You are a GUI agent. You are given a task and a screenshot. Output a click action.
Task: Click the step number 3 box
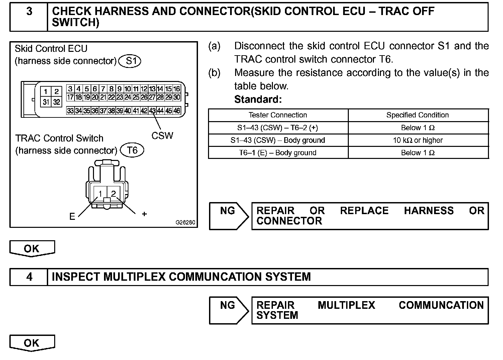coord(29,17)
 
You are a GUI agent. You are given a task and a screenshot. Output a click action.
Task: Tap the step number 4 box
coord(29,277)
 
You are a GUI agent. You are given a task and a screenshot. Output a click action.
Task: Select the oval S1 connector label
coord(130,61)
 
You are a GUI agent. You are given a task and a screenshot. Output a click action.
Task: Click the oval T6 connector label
coord(132,150)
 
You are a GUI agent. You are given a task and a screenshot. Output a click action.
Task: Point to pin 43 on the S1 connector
coord(153,111)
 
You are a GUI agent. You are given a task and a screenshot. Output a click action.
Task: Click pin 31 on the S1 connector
coord(46,102)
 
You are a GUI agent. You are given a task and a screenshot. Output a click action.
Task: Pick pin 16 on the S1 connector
coord(177,89)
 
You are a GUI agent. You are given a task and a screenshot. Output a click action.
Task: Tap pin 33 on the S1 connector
coord(70,111)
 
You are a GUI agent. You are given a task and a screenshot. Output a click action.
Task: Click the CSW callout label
coord(162,136)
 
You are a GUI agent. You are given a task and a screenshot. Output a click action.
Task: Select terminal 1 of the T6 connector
coord(100,193)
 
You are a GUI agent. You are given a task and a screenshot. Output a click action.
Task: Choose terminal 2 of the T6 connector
coord(114,193)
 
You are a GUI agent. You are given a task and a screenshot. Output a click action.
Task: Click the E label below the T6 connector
coord(72,217)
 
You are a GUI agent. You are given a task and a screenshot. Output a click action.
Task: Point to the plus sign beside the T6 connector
coord(144,214)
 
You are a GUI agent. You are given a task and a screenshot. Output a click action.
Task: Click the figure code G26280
coord(185,222)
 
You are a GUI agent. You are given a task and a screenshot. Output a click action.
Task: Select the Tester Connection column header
coord(278,115)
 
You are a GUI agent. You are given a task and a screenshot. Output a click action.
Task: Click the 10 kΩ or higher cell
coord(418,140)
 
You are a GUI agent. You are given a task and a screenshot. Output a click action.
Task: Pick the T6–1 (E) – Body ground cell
coord(278,153)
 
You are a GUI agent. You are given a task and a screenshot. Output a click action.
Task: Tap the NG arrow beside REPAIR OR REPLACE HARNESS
coord(229,216)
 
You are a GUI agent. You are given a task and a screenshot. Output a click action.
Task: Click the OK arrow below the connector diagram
coord(32,249)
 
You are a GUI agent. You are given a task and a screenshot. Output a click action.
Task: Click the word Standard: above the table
coord(258,99)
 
